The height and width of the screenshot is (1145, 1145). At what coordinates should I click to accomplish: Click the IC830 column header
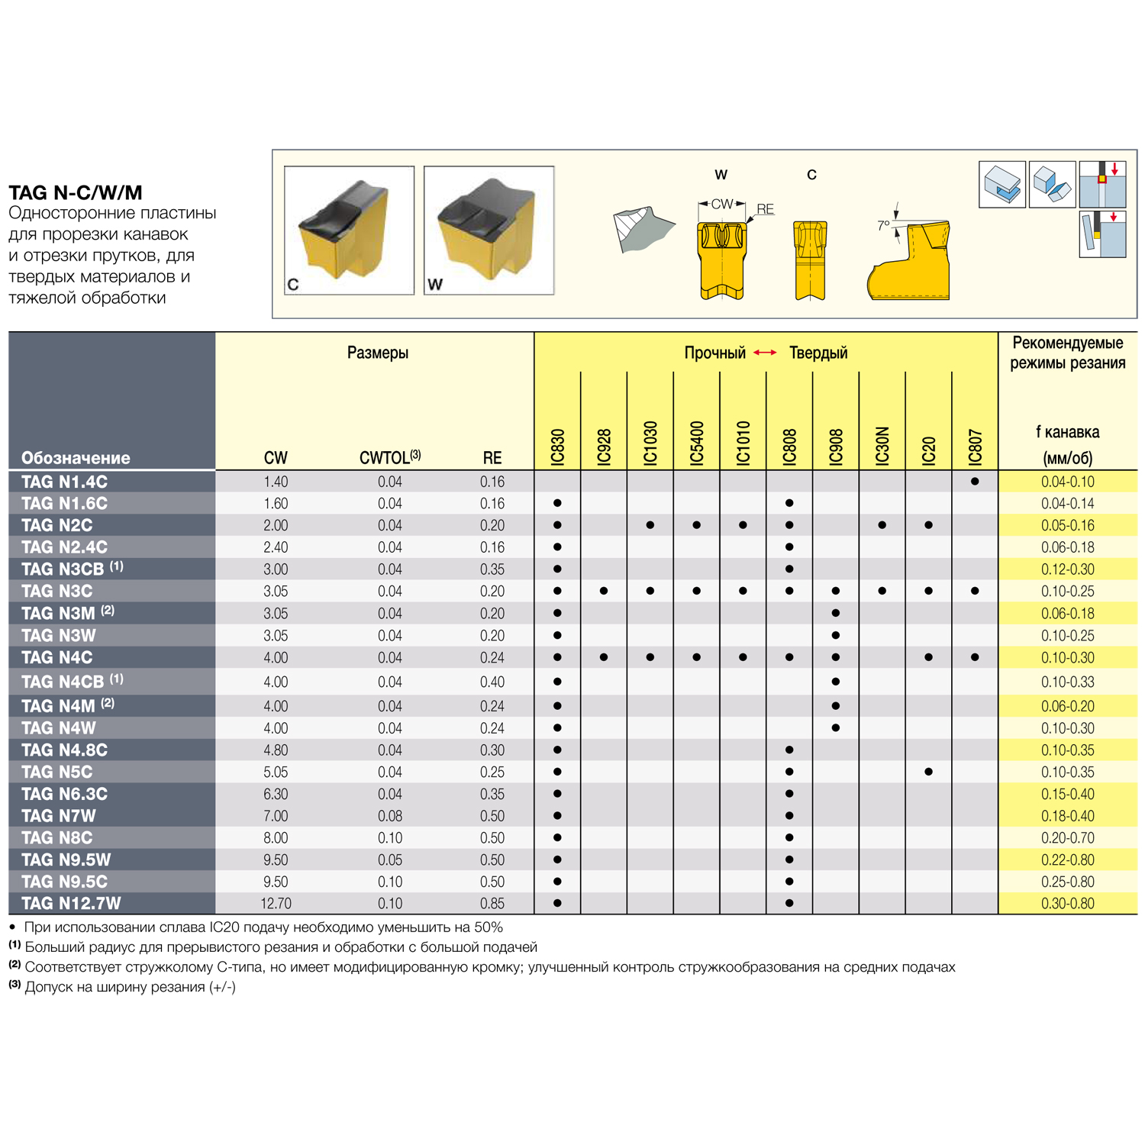557,447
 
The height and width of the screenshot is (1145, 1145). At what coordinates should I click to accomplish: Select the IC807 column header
975,447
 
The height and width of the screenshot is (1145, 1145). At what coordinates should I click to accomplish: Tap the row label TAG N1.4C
64,482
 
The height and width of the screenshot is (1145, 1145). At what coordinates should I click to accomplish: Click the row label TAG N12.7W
71,903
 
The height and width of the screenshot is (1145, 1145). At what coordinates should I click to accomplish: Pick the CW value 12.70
276,903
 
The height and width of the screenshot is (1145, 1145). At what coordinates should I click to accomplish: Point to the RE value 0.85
492,903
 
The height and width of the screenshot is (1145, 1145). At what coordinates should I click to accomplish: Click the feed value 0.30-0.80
1067,903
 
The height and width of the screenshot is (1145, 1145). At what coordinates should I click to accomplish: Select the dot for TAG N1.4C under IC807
975,482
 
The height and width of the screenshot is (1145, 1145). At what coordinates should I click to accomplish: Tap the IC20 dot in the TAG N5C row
928,772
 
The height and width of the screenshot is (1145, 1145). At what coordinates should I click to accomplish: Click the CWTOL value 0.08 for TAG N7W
390,816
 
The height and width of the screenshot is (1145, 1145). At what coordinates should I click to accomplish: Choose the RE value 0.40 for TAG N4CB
492,682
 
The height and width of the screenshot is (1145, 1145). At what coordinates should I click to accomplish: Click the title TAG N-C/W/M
76,192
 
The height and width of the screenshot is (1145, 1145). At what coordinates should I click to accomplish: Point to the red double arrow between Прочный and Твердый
765,353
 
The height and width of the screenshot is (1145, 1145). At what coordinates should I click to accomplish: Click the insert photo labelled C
349,230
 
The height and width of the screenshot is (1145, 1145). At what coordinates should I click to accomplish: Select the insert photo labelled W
489,230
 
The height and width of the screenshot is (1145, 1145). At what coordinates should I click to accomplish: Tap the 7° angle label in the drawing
883,225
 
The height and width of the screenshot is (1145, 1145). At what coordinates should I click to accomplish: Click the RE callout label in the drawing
765,209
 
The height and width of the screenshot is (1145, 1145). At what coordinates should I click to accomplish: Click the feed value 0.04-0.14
1067,504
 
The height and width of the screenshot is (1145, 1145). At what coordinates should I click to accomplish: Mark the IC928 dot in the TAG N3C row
604,591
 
